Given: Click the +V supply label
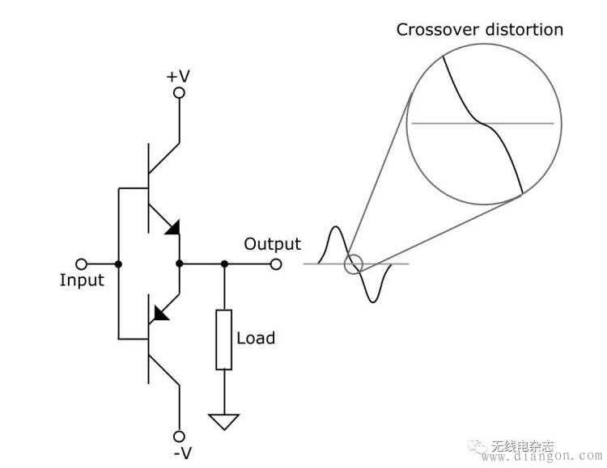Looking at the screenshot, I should [x=178, y=76].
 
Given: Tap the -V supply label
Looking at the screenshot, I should [x=183, y=453].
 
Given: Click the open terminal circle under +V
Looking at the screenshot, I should [x=180, y=94].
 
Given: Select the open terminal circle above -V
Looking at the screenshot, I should [x=180, y=436].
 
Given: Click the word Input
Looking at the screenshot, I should [x=82, y=280].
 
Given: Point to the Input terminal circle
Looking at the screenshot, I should [x=81, y=264].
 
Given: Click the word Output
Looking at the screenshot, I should [x=272, y=244].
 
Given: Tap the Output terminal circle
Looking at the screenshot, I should [x=276, y=264].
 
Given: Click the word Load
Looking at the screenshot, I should [x=256, y=338].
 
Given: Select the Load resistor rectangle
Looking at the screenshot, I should [x=224, y=339].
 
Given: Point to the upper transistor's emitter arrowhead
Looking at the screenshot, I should [x=171, y=228].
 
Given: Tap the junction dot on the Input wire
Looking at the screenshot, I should [x=118, y=264].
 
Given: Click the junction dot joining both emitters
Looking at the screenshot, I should [x=180, y=264].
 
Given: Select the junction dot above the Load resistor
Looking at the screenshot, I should [x=224, y=264].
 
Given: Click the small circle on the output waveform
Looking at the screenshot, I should [x=353, y=264].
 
